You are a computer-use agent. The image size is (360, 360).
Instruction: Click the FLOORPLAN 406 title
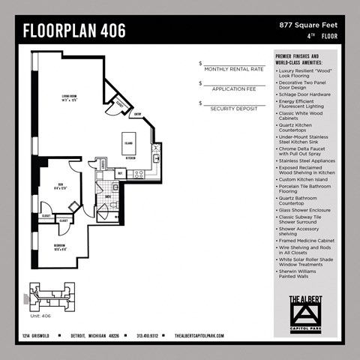(74, 31)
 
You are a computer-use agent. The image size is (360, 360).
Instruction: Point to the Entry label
(138, 115)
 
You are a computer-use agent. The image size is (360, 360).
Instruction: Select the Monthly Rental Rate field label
(234, 69)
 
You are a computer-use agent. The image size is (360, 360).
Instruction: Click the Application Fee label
(234, 88)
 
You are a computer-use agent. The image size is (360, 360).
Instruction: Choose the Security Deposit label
(234, 108)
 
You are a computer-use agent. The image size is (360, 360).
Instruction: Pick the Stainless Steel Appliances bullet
(307, 160)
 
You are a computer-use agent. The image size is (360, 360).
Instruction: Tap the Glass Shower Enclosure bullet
(305, 210)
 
